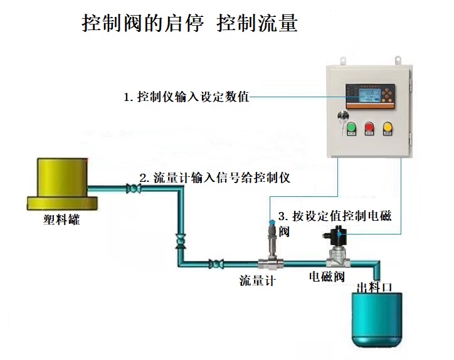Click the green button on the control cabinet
coord(351,129)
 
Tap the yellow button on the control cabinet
coord(388,129)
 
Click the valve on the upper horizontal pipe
coord(133,188)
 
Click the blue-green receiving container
coord(374,320)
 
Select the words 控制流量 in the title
coord(256,23)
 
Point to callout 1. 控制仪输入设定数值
coord(186,97)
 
